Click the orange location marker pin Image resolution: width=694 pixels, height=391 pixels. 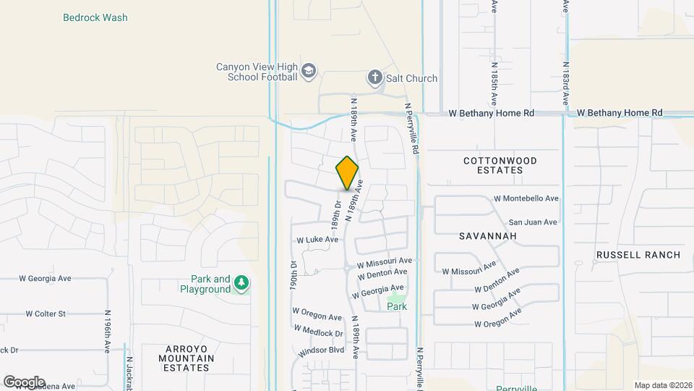point(348,172)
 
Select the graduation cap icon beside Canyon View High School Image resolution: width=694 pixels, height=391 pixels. point(309,70)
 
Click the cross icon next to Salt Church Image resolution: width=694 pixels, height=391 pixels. point(374,77)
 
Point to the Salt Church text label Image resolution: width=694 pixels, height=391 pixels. point(412,78)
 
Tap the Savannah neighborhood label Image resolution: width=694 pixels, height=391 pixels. point(487,237)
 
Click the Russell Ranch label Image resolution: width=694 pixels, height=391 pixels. point(638,255)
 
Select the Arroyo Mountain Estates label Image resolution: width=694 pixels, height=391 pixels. point(187,358)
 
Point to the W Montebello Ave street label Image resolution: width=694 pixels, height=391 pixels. point(526,198)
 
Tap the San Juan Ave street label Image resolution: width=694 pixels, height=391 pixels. point(533,222)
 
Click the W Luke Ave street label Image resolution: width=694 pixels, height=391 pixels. point(317,240)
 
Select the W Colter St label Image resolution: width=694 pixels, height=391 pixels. point(46,314)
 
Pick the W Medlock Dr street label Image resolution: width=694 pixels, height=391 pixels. point(317,332)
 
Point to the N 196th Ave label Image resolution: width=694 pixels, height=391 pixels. point(106,337)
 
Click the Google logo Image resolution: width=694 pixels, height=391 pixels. point(24,382)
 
